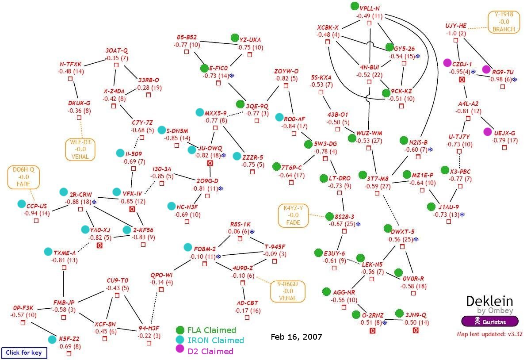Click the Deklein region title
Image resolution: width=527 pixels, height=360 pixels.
point(489,302)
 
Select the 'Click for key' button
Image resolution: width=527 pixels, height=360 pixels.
point(24,352)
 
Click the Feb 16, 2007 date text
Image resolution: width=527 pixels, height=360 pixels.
point(296,337)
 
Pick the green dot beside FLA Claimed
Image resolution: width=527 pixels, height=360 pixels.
point(180,330)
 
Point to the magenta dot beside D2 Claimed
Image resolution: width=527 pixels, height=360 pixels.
point(180,351)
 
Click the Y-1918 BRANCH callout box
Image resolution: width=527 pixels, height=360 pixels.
point(504,22)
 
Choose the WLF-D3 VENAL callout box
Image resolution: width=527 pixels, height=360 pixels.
point(80,149)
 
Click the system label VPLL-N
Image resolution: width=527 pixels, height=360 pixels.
point(370,9)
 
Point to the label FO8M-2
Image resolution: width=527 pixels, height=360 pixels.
point(205,249)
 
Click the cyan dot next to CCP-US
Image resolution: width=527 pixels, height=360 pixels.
point(22,204)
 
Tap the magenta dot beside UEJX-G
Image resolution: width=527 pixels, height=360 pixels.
point(488,131)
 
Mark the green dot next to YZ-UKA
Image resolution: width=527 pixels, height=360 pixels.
point(235,38)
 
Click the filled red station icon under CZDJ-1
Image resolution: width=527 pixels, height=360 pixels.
point(462,80)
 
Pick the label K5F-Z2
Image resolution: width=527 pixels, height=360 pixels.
point(70,339)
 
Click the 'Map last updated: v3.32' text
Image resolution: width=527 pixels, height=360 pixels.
point(489,334)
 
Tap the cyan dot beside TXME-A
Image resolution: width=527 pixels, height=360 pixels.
point(48,252)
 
